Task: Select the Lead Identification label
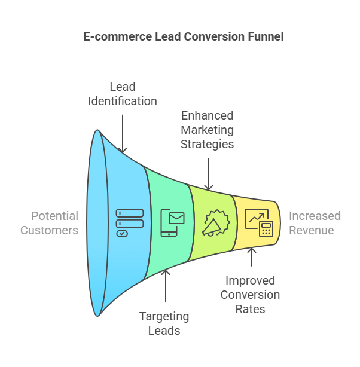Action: (x=123, y=94)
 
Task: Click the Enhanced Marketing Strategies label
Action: (x=208, y=130)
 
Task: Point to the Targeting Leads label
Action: (x=164, y=323)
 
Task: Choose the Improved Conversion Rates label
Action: (x=250, y=295)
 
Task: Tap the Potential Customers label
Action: (x=50, y=223)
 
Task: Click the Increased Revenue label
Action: (x=315, y=223)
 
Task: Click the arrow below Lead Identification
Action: (x=123, y=134)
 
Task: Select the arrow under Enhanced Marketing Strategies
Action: (x=209, y=174)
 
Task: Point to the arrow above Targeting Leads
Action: (x=166, y=286)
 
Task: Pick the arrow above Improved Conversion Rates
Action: (x=252, y=257)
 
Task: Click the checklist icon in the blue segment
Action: (x=130, y=223)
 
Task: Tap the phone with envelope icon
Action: (x=173, y=223)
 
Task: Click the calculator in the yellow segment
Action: (x=266, y=229)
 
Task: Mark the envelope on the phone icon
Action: (x=176, y=218)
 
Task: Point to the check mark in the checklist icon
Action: (x=122, y=234)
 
